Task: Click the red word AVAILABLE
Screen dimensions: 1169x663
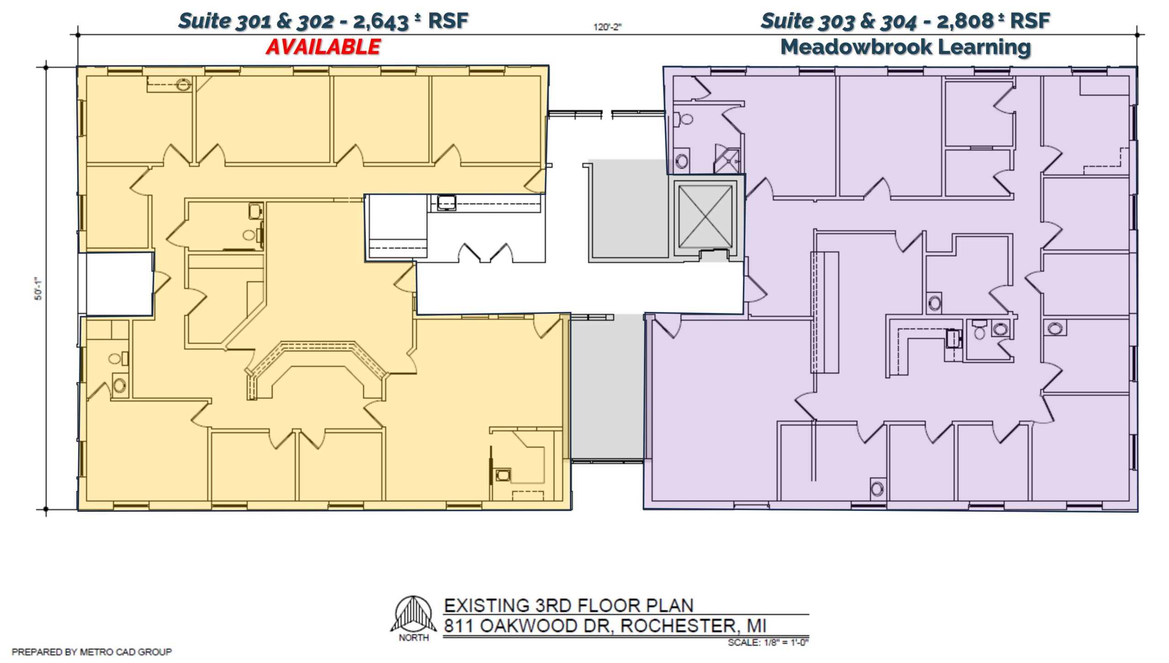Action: [323, 47]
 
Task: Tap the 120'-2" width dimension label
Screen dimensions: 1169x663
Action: [607, 27]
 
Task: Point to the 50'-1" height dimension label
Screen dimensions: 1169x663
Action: [39, 289]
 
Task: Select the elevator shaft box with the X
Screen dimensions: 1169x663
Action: [705, 216]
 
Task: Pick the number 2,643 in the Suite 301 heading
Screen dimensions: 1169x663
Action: [380, 21]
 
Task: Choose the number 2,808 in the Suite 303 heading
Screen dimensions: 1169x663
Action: [965, 21]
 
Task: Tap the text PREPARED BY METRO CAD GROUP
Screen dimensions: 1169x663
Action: [92, 652]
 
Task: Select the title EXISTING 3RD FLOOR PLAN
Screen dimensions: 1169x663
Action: [569, 605]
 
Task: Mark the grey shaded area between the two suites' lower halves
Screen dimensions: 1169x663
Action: [608, 386]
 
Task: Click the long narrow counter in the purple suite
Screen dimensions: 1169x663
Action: [825, 312]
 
